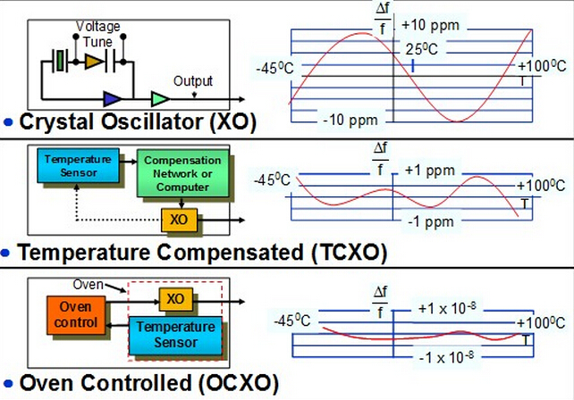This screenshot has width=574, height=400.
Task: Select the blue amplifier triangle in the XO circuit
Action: point(113,96)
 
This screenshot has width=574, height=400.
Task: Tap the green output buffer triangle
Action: point(160,96)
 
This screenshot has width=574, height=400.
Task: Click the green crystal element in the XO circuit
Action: point(60,61)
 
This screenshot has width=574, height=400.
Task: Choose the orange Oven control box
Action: point(69,315)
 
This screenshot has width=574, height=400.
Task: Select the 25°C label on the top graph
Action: point(425,49)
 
